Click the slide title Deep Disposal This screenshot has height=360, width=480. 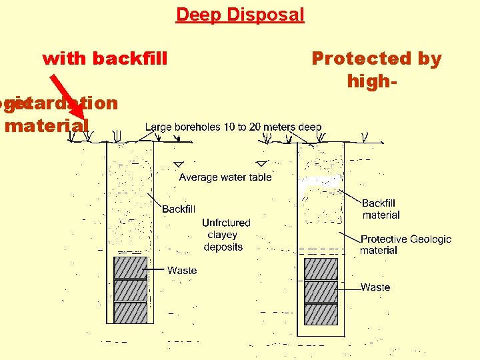tap(240, 15)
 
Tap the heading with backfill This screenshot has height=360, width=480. tap(105, 59)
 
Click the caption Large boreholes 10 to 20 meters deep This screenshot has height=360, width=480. tap(233, 127)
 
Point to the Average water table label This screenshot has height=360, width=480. tap(225, 177)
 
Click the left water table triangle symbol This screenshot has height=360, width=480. tap(178, 164)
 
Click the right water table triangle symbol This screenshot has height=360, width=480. tap(261, 163)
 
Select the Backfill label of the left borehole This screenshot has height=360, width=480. tap(179, 209)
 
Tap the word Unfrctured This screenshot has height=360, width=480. tap(226, 223)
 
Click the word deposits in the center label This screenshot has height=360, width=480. tap(223, 247)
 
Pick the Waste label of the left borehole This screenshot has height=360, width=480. tap(182, 270)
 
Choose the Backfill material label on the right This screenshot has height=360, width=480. tap(381, 209)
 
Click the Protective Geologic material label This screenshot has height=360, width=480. tap(405, 245)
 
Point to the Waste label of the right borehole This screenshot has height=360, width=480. tap(375, 287)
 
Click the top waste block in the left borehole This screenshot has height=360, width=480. tap(130, 267)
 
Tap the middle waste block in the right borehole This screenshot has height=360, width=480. tap(321, 291)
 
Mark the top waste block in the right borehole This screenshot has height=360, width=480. tap(321, 269)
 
